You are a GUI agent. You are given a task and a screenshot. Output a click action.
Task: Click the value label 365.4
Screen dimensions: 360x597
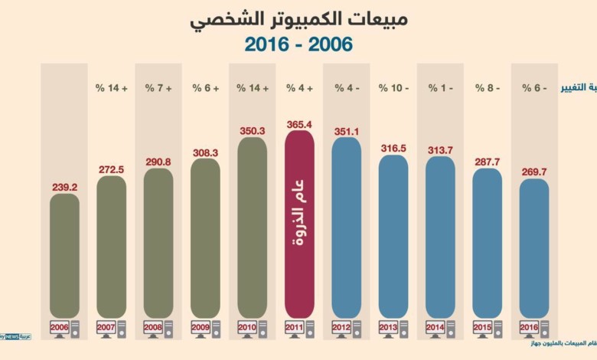click(x=299, y=123)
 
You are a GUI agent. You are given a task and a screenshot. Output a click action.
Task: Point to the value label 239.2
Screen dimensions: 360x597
click(x=64, y=185)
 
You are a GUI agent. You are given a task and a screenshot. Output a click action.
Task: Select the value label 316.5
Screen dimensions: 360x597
click(x=393, y=148)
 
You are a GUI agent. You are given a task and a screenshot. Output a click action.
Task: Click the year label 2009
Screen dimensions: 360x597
click(x=200, y=327)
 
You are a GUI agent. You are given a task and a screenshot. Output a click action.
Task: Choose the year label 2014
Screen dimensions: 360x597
click(x=436, y=327)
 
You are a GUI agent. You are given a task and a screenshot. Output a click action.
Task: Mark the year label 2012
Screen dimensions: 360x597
click(x=341, y=327)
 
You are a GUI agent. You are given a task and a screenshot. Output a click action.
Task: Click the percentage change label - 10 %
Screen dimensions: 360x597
click(x=393, y=88)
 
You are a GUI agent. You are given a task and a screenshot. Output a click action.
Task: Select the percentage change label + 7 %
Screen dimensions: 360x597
click(x=158, y=88)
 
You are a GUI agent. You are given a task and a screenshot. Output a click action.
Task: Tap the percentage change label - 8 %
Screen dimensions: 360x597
click(x=488, y=88)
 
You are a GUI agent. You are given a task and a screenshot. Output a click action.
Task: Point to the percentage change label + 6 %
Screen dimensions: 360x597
click(x=205, y=88)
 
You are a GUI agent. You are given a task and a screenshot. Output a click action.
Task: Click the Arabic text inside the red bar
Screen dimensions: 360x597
click(x=299, y=222)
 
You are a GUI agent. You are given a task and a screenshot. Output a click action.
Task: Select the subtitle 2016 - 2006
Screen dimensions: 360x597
click(x=299, y=44)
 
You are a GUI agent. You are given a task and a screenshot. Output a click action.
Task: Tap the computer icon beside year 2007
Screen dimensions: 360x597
click(x=121, y=329)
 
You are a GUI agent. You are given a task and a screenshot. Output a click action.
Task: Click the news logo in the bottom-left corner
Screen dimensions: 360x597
click(x=15, y=337)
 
